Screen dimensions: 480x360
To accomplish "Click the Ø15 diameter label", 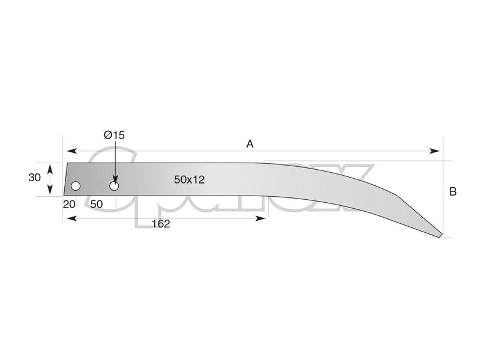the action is pyautogui.click(x=114, y=135).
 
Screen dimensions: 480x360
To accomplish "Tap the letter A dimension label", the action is pyautogui.click(x=250, y=144).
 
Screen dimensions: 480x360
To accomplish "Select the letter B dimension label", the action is pyautogui.click(x=453, y=191).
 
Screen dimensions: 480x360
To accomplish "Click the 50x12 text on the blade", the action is pyautogui.click(x=189, y=179).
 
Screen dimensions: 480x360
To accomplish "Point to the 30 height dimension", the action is pyautogui.click(x=34, y=177).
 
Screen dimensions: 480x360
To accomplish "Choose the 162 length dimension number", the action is pyautogui.click(x=161, y=224).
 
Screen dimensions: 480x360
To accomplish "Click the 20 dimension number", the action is pyautogui.click(x=69, y=204).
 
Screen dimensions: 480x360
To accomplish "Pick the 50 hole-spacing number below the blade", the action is pyautogui.click(x=97, y=204).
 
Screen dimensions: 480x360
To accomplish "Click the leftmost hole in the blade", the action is pyautogui.click(x=76, y=186).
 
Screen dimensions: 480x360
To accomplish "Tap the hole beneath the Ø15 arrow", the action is pyautogui.click(x=114, y=186).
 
